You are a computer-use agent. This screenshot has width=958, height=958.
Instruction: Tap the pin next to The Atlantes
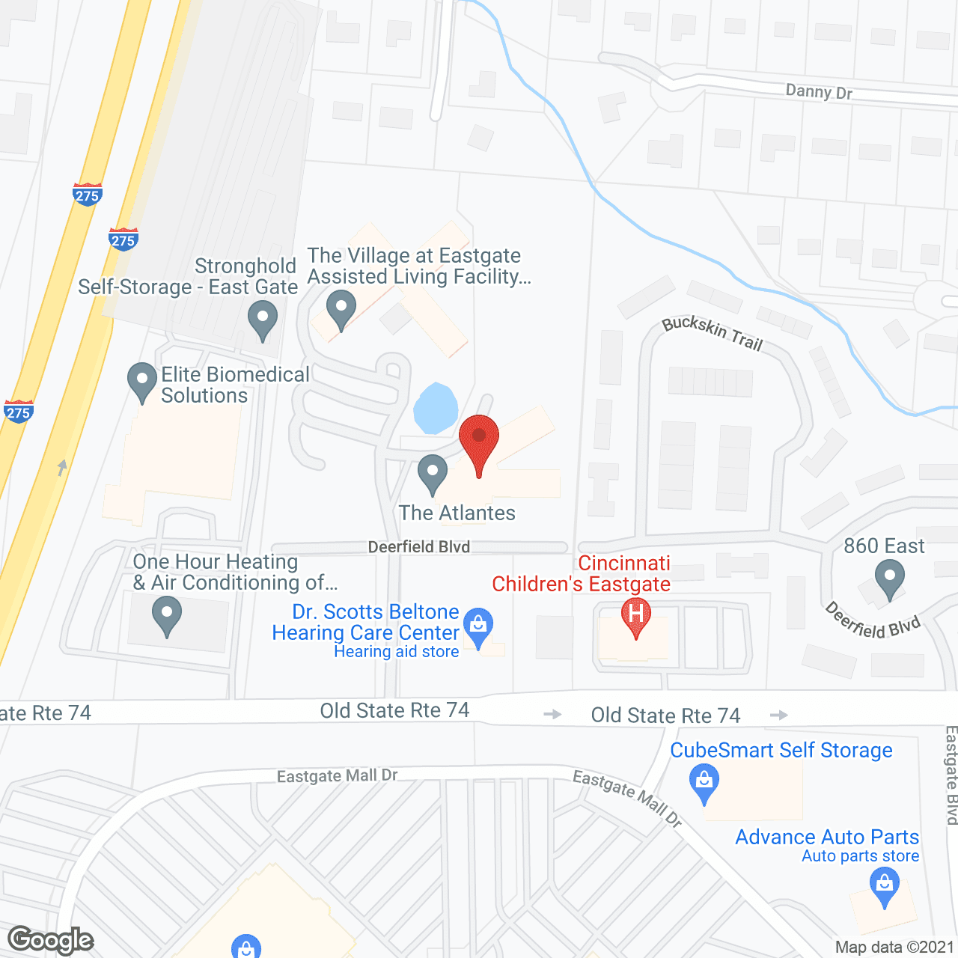point(432,473)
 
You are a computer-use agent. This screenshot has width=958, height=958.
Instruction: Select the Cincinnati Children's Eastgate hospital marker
point(635,616)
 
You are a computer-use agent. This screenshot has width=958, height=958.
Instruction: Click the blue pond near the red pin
point(435,409)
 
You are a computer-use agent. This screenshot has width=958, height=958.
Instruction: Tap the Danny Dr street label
point(819,92)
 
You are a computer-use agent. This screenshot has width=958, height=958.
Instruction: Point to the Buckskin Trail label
point(712,333)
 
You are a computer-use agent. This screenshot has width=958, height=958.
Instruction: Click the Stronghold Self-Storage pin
point(262,319)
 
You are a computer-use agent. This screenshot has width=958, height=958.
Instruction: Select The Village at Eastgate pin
point(341,309)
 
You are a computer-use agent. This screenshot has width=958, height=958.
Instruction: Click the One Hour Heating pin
point(166,615)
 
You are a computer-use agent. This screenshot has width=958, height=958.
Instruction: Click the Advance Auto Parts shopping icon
point(885,885)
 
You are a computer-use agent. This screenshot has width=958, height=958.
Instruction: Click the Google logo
point(51,940)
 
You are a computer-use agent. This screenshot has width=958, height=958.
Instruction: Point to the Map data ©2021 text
point(894,948)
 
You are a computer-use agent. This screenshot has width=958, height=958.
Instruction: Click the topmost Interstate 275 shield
point(88,195)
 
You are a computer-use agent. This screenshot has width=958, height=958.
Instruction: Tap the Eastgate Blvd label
point(951,775)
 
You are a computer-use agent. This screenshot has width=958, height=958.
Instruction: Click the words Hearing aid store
point(396,652)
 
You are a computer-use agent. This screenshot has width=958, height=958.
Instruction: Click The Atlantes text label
point(457,513)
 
